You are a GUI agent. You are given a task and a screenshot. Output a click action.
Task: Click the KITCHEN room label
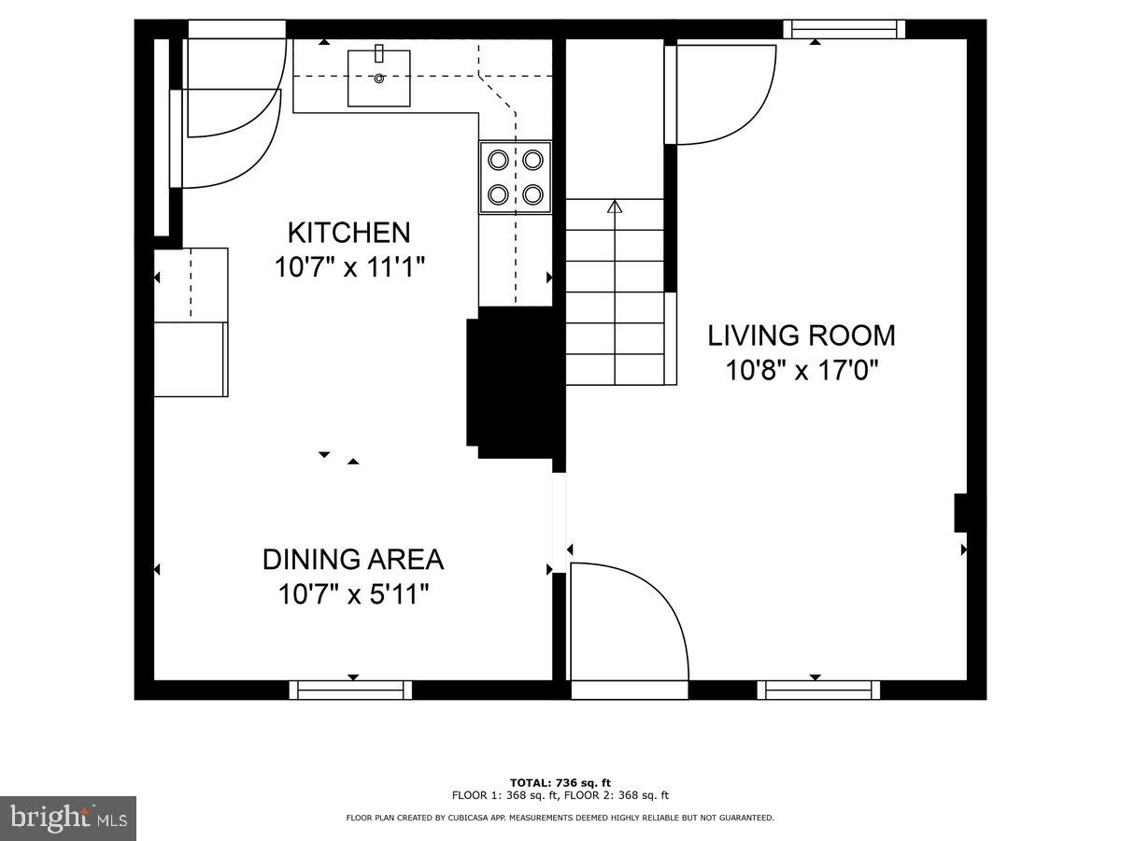348,232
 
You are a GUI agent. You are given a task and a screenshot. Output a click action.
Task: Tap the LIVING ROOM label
801,335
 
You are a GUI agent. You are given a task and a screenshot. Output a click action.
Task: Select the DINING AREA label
352,560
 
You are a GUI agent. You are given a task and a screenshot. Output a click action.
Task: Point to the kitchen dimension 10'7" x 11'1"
349,268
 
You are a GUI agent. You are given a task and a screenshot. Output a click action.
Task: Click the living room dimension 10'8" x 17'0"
802,371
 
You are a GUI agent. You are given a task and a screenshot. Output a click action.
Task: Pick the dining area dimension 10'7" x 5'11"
352,594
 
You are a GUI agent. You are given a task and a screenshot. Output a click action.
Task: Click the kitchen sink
379,78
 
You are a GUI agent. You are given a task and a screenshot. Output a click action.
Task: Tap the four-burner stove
516,177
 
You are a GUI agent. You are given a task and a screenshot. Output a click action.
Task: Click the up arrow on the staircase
615,207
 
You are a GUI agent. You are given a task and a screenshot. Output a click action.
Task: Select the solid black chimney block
515,383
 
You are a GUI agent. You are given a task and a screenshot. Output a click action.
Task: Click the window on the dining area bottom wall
350,690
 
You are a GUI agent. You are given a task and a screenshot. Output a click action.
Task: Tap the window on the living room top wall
844,29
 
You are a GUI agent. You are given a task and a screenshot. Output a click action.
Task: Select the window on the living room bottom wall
819,690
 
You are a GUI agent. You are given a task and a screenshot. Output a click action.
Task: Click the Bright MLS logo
67,818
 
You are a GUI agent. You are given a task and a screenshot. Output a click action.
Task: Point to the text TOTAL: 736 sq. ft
560,782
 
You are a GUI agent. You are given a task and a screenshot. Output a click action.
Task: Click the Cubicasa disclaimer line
560,818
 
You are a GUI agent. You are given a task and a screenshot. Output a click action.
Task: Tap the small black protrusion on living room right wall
959,513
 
